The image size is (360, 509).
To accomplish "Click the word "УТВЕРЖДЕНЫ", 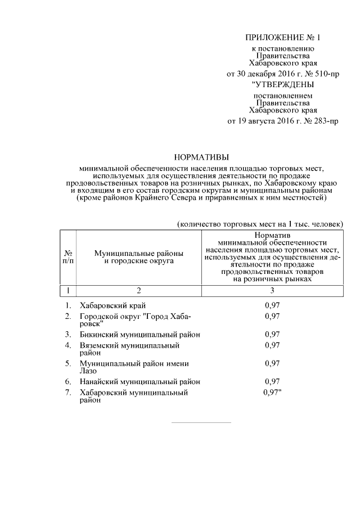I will (283, 85).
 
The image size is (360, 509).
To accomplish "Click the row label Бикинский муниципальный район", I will (140, 334).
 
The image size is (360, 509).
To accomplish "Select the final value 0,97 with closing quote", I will (273, 393).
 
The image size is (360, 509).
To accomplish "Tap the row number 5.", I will (67, 363).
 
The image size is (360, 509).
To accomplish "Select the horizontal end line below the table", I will (201, 422).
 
